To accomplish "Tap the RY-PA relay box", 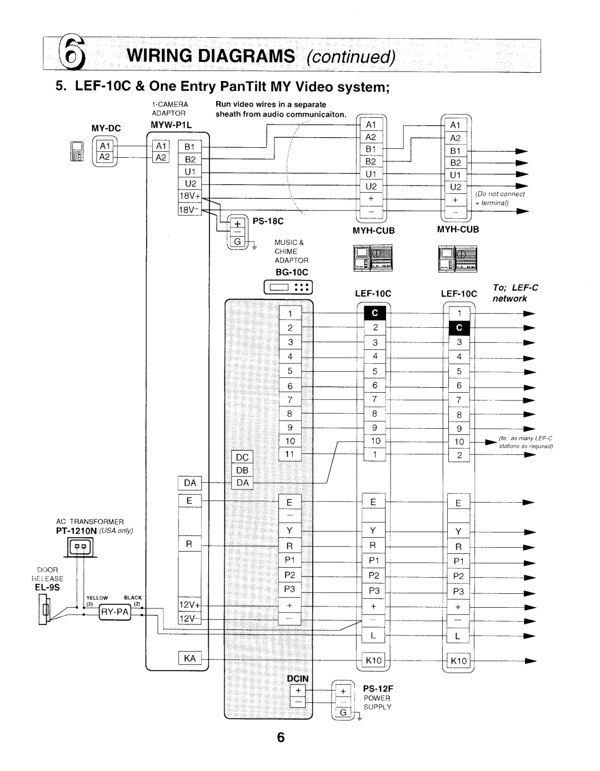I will [x=115, y=612].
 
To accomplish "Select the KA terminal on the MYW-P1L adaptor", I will [x=189, y=658].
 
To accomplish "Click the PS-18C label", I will [x=269, y=221].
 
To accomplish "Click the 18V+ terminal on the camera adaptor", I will [x=189, y=195].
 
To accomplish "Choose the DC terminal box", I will [x=242, y=457].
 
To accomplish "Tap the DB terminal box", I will [x=242, y=470].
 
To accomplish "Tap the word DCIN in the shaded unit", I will [x=297, y=679].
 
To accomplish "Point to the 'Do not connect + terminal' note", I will [x=500, y=198].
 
